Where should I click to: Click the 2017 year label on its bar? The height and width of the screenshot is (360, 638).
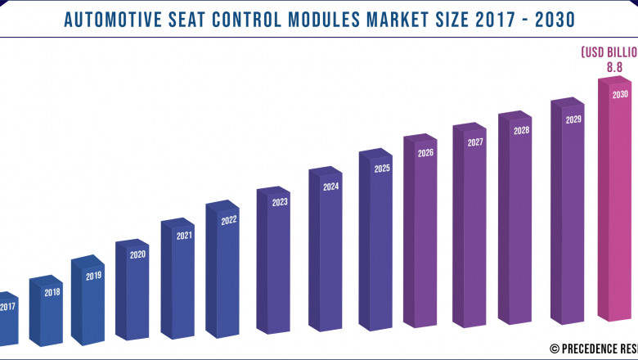pyautogui.click(x=8, y=307)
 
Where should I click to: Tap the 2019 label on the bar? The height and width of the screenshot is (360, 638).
pyautogui.click(x=93, y=276)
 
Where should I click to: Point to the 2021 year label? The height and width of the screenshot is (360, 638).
pyautogui.click(x=184, y=236)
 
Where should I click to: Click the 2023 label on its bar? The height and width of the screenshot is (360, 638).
pyautogui.click(x=280, y=202)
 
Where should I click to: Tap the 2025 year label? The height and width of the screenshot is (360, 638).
pyautogui.click(x=382, y=169)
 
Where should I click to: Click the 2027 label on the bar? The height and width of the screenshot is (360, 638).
pyautogui.click(x=475, y=142)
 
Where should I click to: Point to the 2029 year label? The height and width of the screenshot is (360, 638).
pyautogui.click(x=573, y=119)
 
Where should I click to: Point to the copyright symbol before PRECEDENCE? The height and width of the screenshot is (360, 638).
pyautogui.click(x=554, y=348)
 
